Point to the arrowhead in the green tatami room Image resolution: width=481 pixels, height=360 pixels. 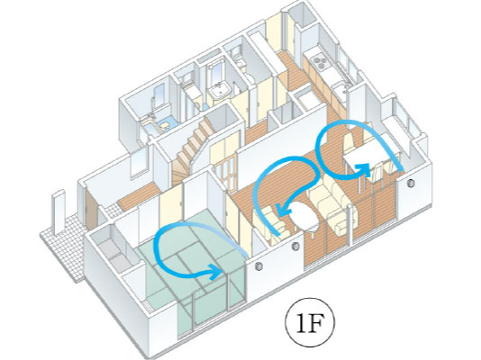pos(215,272)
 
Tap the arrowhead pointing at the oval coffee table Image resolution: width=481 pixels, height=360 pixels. pos(284,211)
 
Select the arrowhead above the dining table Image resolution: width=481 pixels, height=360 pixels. pos(363,168)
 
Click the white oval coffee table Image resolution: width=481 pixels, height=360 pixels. pos(304,216)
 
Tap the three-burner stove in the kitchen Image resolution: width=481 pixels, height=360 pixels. pos(320,60)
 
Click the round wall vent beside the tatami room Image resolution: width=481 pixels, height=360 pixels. pos(259,266)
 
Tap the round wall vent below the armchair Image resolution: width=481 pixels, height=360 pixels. pos(295,246)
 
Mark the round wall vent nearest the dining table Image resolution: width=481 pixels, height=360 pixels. pos(411,183)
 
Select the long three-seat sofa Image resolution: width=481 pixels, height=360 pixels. pos(333,207)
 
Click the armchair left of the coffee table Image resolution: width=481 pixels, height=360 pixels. pos(270,223)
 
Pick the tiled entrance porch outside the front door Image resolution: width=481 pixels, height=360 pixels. pos(66,244)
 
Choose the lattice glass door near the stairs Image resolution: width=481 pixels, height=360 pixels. pos(225,173)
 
